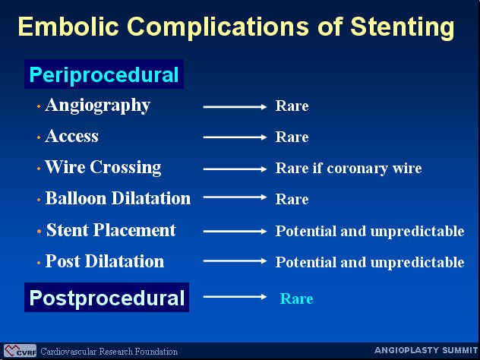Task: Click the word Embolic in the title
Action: coord(68,26)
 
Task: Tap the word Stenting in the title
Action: coord(403,27)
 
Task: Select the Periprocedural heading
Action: coord(104,74)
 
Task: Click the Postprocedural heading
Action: coord(107,298)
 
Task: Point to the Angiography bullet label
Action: coord(98,106)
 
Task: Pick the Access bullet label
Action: coord(72,136)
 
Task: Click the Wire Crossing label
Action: coord(103,168)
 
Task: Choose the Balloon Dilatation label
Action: coord(118,198)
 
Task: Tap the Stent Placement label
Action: coord(111,230)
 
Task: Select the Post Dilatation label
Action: coord(105,261)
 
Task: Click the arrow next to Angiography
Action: coord(235,106)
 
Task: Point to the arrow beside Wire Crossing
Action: coord(235,169)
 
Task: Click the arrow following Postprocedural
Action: coord(235,297)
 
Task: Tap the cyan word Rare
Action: coord(297,298)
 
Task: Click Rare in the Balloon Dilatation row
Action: coord(292,199)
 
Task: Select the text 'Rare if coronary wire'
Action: coord(349,169)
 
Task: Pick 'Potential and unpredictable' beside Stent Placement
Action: coord(370,231)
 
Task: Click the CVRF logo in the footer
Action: coord(21,351)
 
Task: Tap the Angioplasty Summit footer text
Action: coord(426,350)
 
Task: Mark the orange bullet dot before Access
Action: coord(39,137)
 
